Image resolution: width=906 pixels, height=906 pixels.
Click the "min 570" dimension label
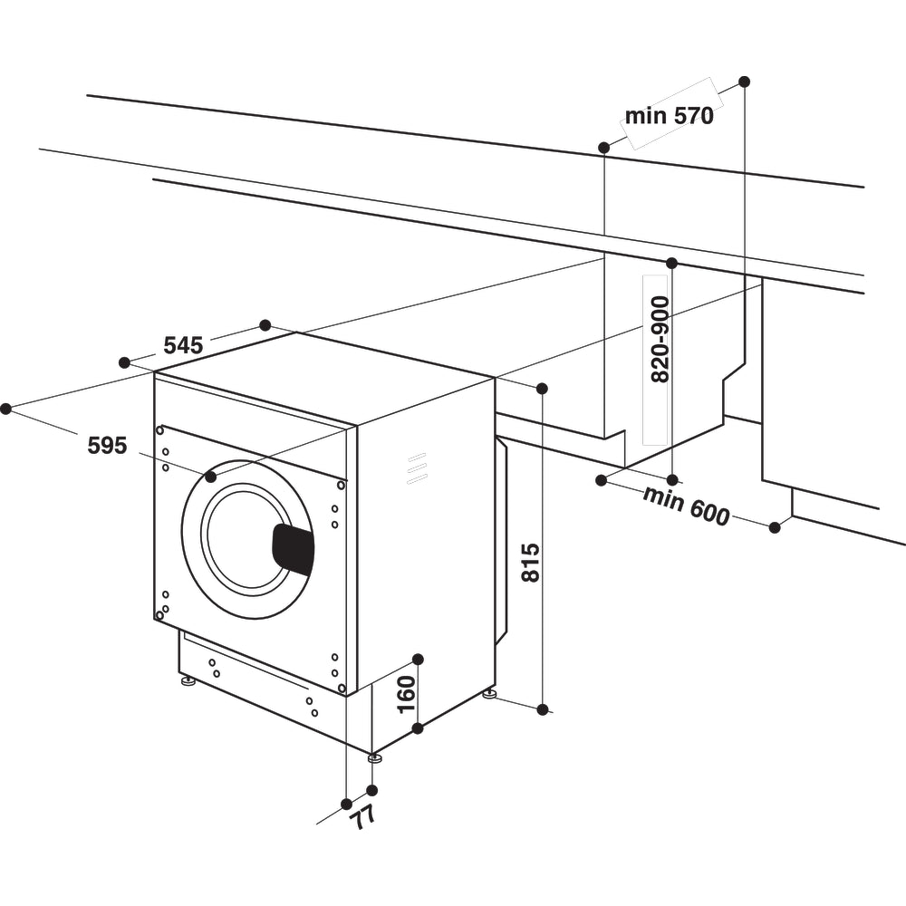pyautogui.click(x=669, y=115)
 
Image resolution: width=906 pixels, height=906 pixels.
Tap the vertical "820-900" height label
pyautogui.click(x=660, y=339)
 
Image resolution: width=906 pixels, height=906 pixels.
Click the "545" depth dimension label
pyautogui.click(x=182, y=345)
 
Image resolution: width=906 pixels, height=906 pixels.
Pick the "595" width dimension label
pyautogui.click(x=107, y=445)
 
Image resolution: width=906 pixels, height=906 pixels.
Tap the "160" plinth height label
pyautogui.click(x=406, y=693)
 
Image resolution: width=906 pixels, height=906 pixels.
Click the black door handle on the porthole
pyautogui.click(x=294, y=548)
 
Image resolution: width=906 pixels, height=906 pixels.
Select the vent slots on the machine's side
pyautogui.click(x=417, y=467)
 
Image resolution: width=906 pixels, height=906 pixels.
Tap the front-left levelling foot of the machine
pyautogui.click(x=188, y=679)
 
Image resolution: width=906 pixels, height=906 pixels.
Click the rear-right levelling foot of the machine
pyautogui.click(x=489, y=694)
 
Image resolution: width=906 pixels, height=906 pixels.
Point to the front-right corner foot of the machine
pyautogui.click(x=374, y=757)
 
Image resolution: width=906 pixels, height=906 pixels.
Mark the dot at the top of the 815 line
pyautogui.click(x=542, y=389)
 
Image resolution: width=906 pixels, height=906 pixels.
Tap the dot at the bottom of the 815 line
pyautogui.click(x=543, y=709)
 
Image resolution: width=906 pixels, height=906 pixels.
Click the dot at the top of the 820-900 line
pyautogui.click(x=671, y=264)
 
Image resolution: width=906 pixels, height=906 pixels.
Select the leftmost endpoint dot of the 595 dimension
pyautogui.click(x=6, y=409)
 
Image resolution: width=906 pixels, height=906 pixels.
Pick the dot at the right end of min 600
pyautogui.click(x=775, y=526)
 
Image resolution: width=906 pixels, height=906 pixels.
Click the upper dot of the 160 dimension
pyautogui.click(x=418, y=659)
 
